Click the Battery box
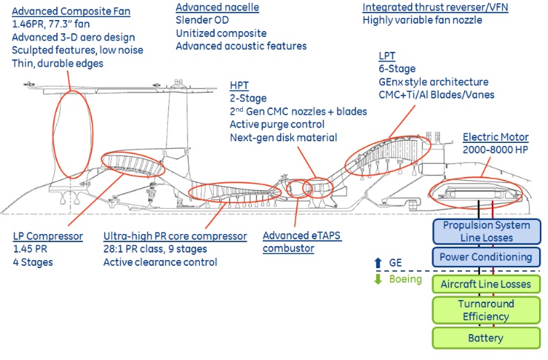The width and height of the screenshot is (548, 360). (x=486, y=338)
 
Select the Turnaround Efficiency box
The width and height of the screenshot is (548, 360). (x=486, y=310)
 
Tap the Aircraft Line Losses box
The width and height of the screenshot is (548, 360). (x=486, y=284)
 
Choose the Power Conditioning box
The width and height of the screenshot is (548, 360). (x=486, y=257)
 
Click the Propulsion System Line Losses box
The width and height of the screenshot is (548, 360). (x=486, y=230)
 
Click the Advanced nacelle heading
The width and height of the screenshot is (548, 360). (x=210, y=7)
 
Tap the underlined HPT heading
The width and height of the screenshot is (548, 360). (x=240, y=84)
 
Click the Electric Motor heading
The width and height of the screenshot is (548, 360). (x=495, y=137)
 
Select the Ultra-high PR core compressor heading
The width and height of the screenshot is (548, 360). (x=175, y=236)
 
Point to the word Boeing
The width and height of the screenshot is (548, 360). (x=407, y=279)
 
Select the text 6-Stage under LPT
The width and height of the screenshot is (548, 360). (x=396, y=68)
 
